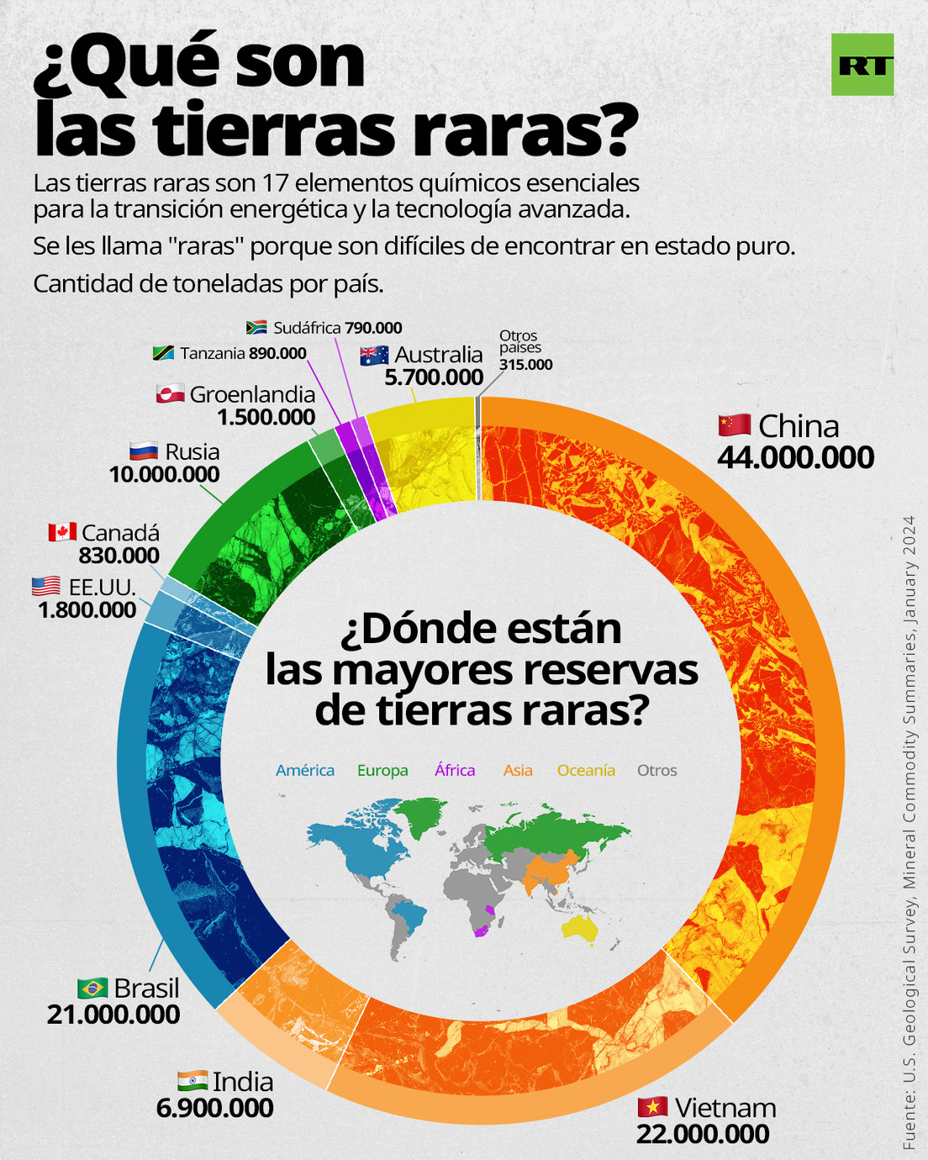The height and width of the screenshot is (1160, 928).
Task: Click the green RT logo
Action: pyautogui.click(x=862, y=65)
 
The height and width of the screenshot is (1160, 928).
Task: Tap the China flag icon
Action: pyautogui.click(x=734, y=425)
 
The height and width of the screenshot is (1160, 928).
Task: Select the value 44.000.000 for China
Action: pyautogui.click(x=795, y=457)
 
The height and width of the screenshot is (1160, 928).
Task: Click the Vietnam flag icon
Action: pyautogui.click(x=652, y=1107)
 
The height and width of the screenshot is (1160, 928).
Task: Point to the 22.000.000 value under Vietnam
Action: pyautogui.click(x=703, y=1134)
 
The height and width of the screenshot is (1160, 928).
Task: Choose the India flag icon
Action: pyautogui.click(x=192, y=1080)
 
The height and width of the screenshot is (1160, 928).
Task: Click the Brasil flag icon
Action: pyautogui.click(x=92, y=987)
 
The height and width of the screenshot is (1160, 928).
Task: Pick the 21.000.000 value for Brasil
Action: pyautogui.click(x=113, y=1015)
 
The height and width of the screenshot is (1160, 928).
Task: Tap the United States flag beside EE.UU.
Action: pyautogui.click(x=46, y=585)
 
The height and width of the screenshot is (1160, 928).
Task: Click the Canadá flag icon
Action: pyautogui.click(x=62, y=532)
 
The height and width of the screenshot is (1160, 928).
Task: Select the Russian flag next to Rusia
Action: pyautogui.click(x=144, y=451)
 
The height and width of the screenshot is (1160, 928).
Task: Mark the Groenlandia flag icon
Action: pyautogui.click(x=170, y=393)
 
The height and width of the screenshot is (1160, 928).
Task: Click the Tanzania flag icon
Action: pyautogui.click(x=163, y=353)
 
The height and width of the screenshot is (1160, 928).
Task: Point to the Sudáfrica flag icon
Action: pyautogui.click(x=256, y=327)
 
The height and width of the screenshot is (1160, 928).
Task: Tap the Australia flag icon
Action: pyautogui.click(x=374, y=356)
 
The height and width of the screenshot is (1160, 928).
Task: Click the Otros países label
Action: pyautogui.click(x=519, y=341)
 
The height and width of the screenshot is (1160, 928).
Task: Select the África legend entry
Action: pyautogui.click(x=455, y=770)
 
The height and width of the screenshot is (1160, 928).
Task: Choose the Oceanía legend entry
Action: pyautogui.click(x=586, y=770)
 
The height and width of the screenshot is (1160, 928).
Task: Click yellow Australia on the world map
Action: pyautogui.click(x=581, y=927)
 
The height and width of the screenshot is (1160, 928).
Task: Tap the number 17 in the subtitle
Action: pyautogui.click(x=276, y=183)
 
